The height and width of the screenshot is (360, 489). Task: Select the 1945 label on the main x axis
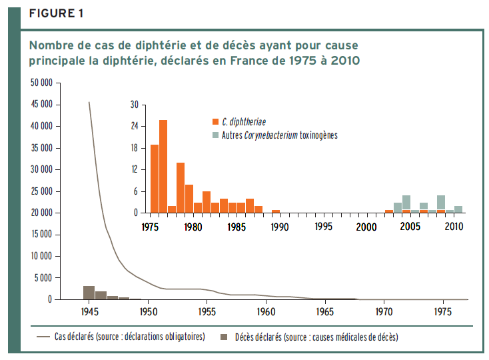coord(89,311)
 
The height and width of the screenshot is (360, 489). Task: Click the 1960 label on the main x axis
coord(266,311)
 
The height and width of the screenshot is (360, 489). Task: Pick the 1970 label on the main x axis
coord(384,311)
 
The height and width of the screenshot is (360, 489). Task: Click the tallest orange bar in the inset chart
coord(163,167)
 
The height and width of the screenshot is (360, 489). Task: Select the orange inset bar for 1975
coord(155,179)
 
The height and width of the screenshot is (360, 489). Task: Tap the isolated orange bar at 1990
coord(276,211)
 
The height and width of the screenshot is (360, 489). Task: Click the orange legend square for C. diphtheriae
coord(215,122)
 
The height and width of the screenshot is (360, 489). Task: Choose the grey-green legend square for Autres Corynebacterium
coord(215,135)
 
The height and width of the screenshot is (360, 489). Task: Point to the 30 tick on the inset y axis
coord(134,105)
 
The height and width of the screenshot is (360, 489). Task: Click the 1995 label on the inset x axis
coord(323,226)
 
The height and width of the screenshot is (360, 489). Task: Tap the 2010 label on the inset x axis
coord(454,226)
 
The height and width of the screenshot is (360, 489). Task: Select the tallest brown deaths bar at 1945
coord(89,293)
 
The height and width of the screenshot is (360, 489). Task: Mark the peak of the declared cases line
coord(89,102)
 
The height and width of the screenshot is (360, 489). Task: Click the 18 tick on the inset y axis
coord(134,148)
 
